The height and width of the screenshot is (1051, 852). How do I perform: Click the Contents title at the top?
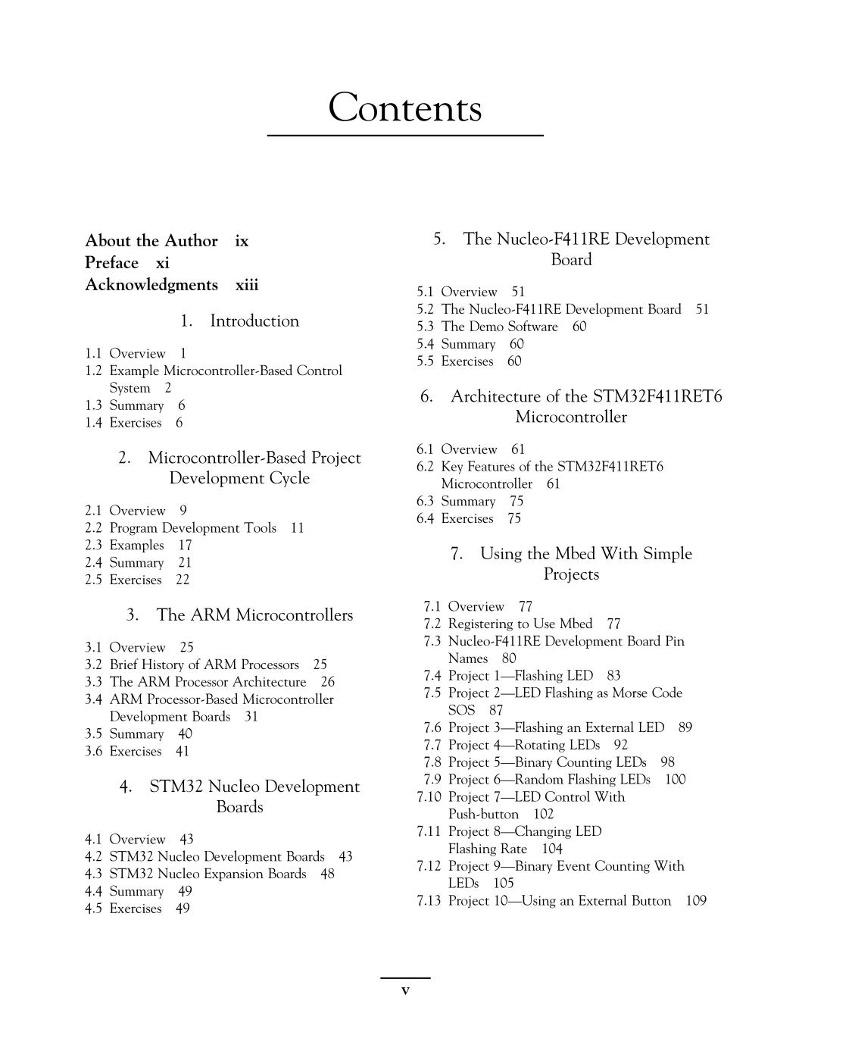[x=405, y=108]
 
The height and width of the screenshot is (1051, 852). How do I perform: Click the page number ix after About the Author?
[x=242, y=241]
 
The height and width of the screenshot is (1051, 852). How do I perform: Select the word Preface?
[x=112, y=263]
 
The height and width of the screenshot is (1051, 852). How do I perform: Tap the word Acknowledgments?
[x=151, y=285]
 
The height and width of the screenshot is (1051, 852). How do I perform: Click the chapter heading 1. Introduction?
[x=239, y=321]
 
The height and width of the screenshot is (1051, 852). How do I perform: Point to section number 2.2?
[x=93, y=528]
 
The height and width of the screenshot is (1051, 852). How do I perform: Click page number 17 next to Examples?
[x=185, y=546]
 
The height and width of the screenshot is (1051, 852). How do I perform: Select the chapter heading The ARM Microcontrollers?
[x=254, y=615]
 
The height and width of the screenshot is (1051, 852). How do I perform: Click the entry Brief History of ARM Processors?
[x=204, y=665]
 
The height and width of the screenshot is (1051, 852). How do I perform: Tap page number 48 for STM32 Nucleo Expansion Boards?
[x=327, y=874]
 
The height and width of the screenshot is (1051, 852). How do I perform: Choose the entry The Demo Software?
[x=499, y=327]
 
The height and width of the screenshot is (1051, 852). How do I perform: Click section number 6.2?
[x=425, y=467]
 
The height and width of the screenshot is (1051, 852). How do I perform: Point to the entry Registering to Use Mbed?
[x=520, y=624]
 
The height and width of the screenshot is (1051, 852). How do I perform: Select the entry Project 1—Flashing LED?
[x=520, y=676]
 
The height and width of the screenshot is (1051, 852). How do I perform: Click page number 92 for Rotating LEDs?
[x=620, y=745]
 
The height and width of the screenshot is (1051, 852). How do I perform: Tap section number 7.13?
[x=429, y=901]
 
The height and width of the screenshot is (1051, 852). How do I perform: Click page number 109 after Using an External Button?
[x=695, y=901]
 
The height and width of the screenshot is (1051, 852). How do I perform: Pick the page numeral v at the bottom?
[x=405, y=990]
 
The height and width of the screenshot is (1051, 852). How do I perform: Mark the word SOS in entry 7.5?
[x=461, y=711]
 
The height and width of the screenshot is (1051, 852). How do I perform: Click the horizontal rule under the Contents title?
[x=405, y=136]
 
